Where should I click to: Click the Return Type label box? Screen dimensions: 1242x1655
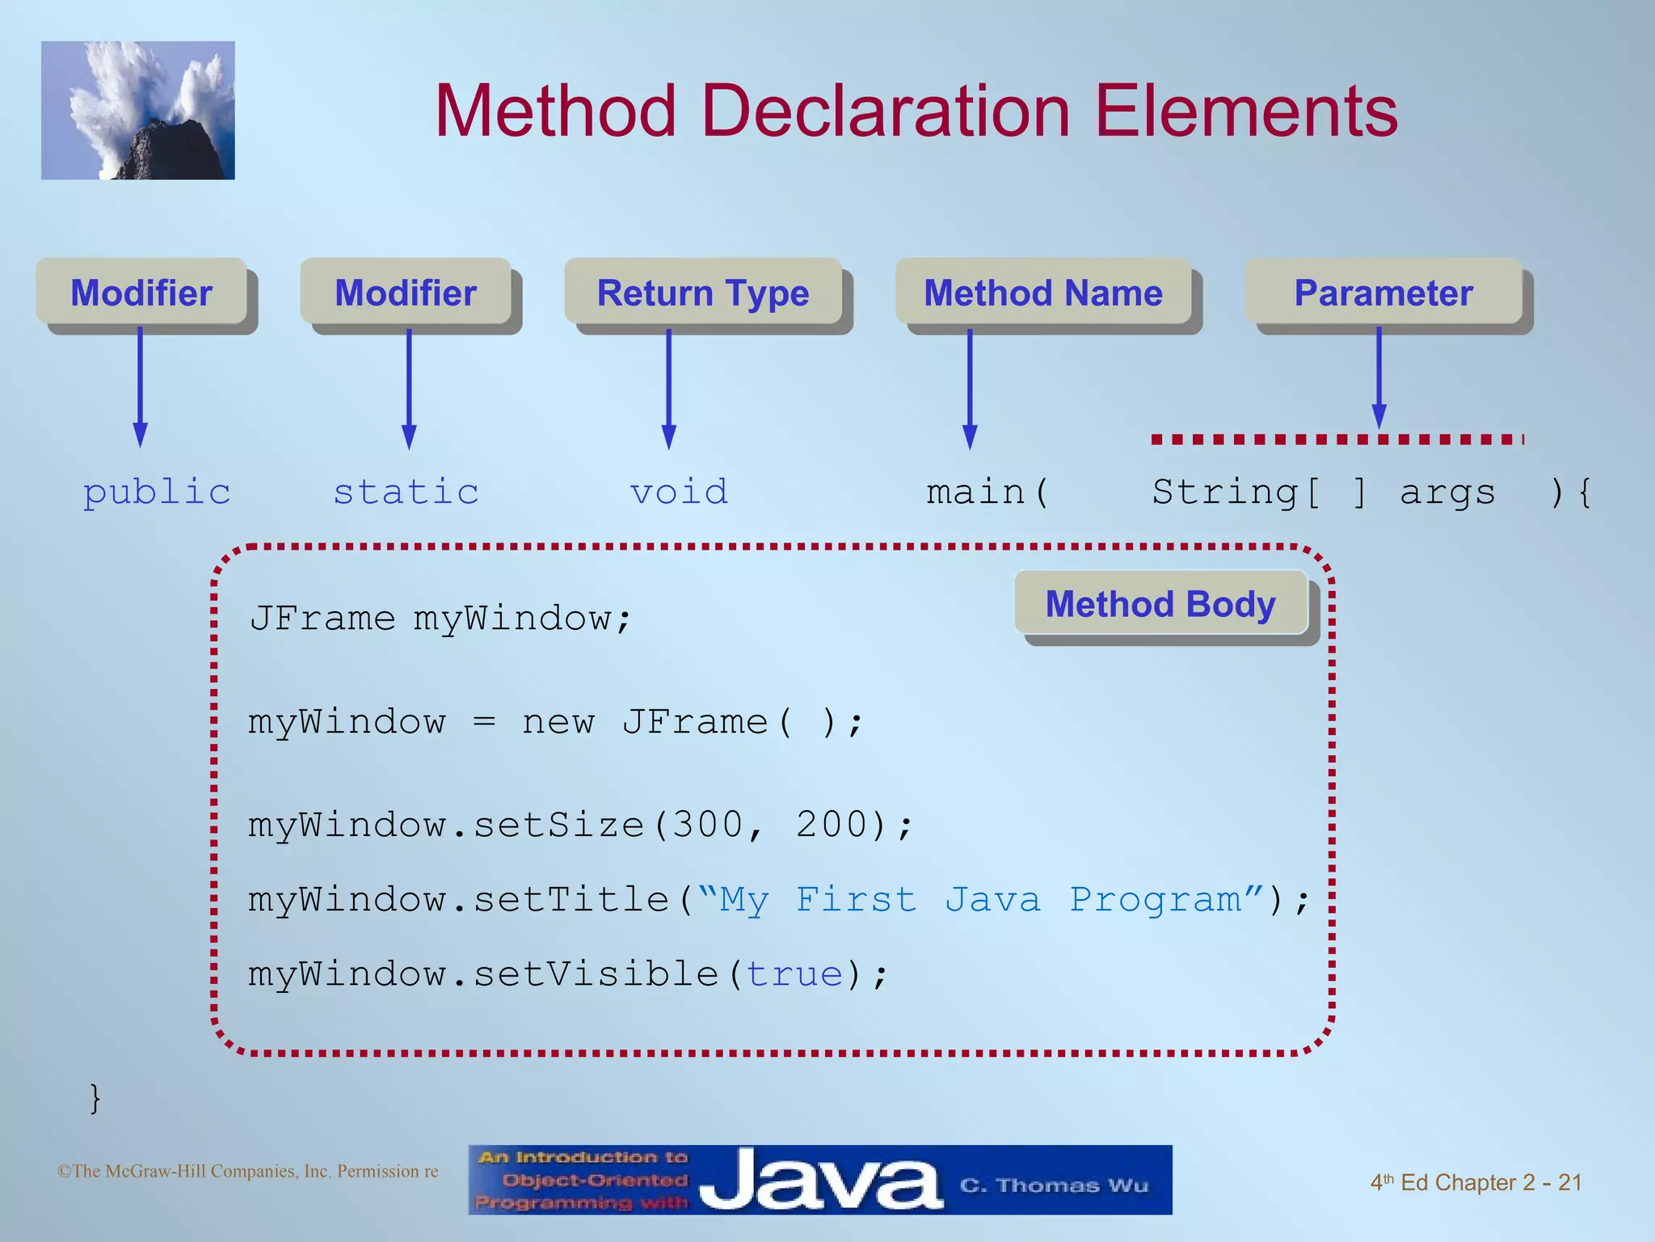[x=703, y=293]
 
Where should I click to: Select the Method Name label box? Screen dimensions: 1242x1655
[x=1042, y=293]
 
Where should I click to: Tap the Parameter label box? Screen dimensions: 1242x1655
[x=1383, y=293]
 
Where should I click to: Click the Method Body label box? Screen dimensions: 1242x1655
[x=1160, y=604]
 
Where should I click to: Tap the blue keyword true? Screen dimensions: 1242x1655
[x=794, y=974]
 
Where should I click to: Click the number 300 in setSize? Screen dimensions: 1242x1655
[x=708, y=825]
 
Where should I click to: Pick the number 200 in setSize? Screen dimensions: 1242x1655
[x=832, y=825]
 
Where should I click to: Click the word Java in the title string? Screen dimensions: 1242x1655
[x=993, y=900]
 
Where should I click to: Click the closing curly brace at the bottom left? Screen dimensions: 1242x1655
[x=95, y=1098]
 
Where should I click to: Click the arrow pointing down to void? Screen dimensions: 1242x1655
[x=668, y=388]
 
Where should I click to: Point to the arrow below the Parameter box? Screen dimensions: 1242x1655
[x=1379, y=376]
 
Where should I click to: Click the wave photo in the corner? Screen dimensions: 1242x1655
[x=138, y=111]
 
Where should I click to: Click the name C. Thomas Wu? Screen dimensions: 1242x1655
[x=1054, y=1185]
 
